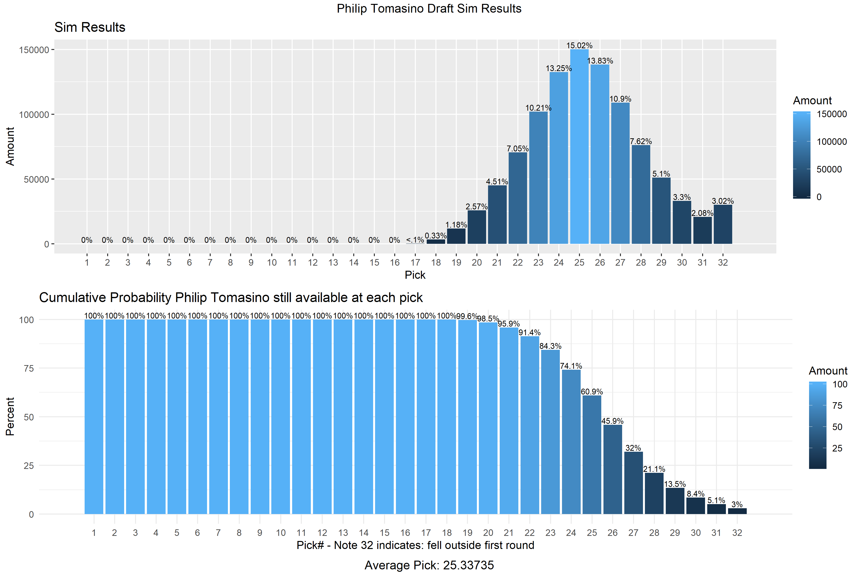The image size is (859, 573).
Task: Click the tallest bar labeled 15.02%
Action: click(579, 146)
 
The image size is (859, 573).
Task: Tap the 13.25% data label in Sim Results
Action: click(559, 68)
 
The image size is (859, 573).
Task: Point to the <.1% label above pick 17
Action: click(415, 240)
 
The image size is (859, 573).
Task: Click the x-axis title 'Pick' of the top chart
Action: click(415, 275)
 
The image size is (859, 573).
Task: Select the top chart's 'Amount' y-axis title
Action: click(10, 146)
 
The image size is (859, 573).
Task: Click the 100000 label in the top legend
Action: click(832, 142)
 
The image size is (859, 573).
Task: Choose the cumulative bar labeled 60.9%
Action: click(592, 455)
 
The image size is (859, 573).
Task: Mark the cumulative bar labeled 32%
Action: click(633, 483)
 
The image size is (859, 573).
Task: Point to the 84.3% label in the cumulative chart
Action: click(550, 346)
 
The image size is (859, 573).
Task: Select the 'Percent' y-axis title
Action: click(10, 417)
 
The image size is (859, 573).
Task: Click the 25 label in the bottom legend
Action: click(837, 448)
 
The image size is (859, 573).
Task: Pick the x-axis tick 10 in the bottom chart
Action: click(281, 533)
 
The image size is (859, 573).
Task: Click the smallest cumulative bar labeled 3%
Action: click(737, 511)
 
